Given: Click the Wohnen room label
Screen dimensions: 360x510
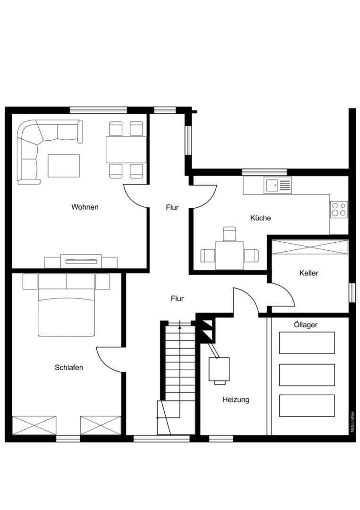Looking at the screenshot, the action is click(85, 207).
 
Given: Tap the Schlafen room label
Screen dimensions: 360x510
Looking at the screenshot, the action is click(69, 367).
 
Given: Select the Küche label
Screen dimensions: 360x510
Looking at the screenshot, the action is click(260, 218).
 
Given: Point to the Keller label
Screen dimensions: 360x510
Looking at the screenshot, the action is click(309, 273).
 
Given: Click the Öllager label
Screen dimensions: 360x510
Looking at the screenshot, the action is click(306, 324).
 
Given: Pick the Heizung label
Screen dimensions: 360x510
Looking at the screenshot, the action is click(236, 399).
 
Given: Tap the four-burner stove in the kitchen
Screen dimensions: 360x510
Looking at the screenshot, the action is click(339, 210).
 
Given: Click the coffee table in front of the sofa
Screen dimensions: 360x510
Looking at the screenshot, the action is click(64, 166).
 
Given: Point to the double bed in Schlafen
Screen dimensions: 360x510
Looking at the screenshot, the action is click(66, 305).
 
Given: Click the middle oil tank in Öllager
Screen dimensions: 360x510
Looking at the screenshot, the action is click(307, 375).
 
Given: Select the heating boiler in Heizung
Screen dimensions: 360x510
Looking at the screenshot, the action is click(219, 369).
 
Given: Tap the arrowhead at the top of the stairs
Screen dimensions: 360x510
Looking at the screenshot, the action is click(180, 327).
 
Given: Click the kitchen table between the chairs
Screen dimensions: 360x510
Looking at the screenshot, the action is click(230, 255).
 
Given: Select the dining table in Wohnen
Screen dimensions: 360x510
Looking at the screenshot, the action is click(126, 150).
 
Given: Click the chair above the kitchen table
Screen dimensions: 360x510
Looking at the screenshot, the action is click(230, 234).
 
